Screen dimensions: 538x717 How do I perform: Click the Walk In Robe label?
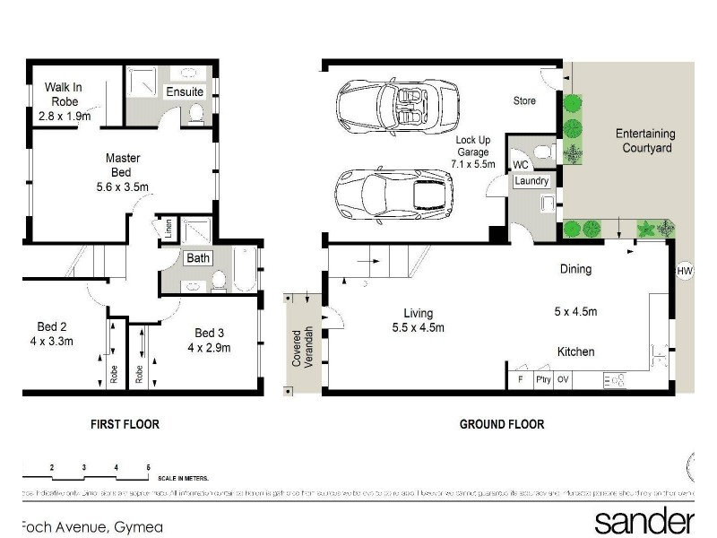click(65, 101)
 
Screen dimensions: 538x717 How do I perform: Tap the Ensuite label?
click(185, 92)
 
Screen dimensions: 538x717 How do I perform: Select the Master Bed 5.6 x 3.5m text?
click(122, 174)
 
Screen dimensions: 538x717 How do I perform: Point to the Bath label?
click(198, 258)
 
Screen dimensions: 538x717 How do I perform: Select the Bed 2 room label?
click(52, 333)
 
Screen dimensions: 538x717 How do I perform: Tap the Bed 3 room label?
click(210, 340)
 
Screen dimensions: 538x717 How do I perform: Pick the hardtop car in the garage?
click(393, 194)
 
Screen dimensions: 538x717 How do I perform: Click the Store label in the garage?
click(524, 100)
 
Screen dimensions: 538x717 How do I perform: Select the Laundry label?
click(531, 181)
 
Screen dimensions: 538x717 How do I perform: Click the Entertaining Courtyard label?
click(644, 141)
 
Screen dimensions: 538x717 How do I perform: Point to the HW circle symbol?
click(685, 271)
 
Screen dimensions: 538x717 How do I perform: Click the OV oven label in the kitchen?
click(563, 379)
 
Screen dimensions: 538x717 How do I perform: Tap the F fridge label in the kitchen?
click(521, 379)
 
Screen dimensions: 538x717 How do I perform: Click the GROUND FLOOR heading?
click(501, 424)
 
